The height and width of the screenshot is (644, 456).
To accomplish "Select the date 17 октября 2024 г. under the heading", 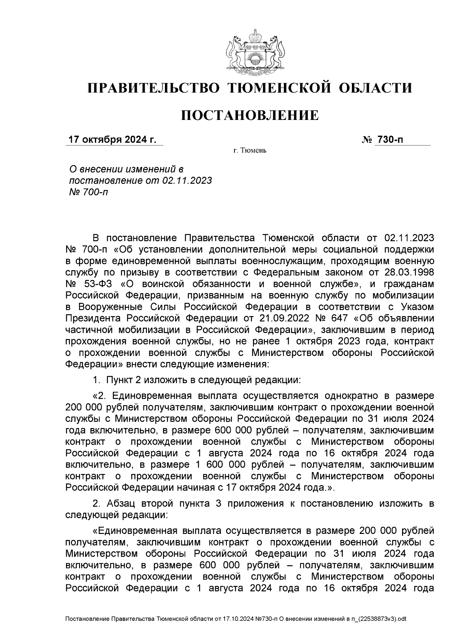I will coord(112,140).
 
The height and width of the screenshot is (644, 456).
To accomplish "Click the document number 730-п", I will coord(389,140).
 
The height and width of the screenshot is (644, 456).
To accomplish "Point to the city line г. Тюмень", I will coord(250,151).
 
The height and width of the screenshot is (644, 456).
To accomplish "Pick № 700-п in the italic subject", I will coord(87,192).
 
